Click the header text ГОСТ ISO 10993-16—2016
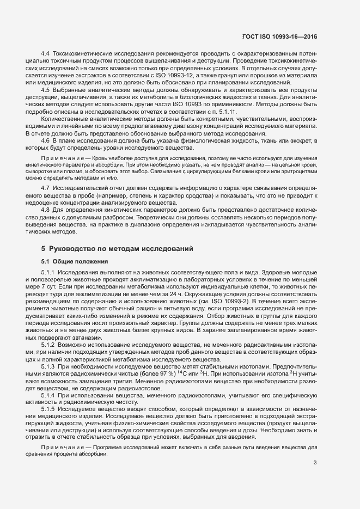[279, 37]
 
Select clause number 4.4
[46, 53]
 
